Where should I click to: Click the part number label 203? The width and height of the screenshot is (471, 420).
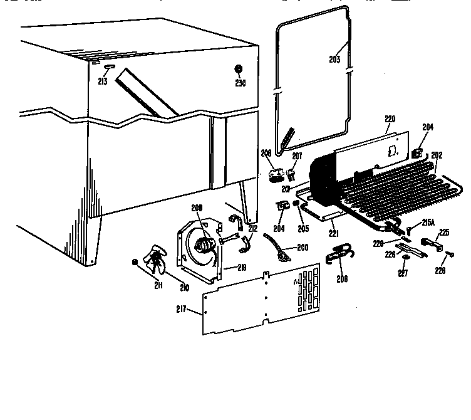pyautogui.click(x=334, y=60)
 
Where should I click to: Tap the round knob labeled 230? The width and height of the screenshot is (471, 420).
pyautogui.click(x=239, y=69)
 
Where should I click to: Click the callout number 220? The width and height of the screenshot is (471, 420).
pyautogui.click(x=390, y=118)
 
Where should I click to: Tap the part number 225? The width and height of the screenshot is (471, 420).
pyautogui.click(x=444, y=233)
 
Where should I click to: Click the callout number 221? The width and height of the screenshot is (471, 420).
pyautogui.click(x=334, y=234)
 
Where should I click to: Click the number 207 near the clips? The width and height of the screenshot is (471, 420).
pyautogui.click(x=297, y=155)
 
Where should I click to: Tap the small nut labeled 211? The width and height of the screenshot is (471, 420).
pyautogui.click(x=134, y=262)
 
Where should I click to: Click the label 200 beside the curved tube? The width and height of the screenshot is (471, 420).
pyautogui.click(x=303, y=248)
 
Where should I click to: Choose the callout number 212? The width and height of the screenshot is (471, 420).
pyautogui.click(x=252, y=229)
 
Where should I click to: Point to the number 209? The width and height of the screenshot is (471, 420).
pyautogui.click(x=196, y=209)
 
